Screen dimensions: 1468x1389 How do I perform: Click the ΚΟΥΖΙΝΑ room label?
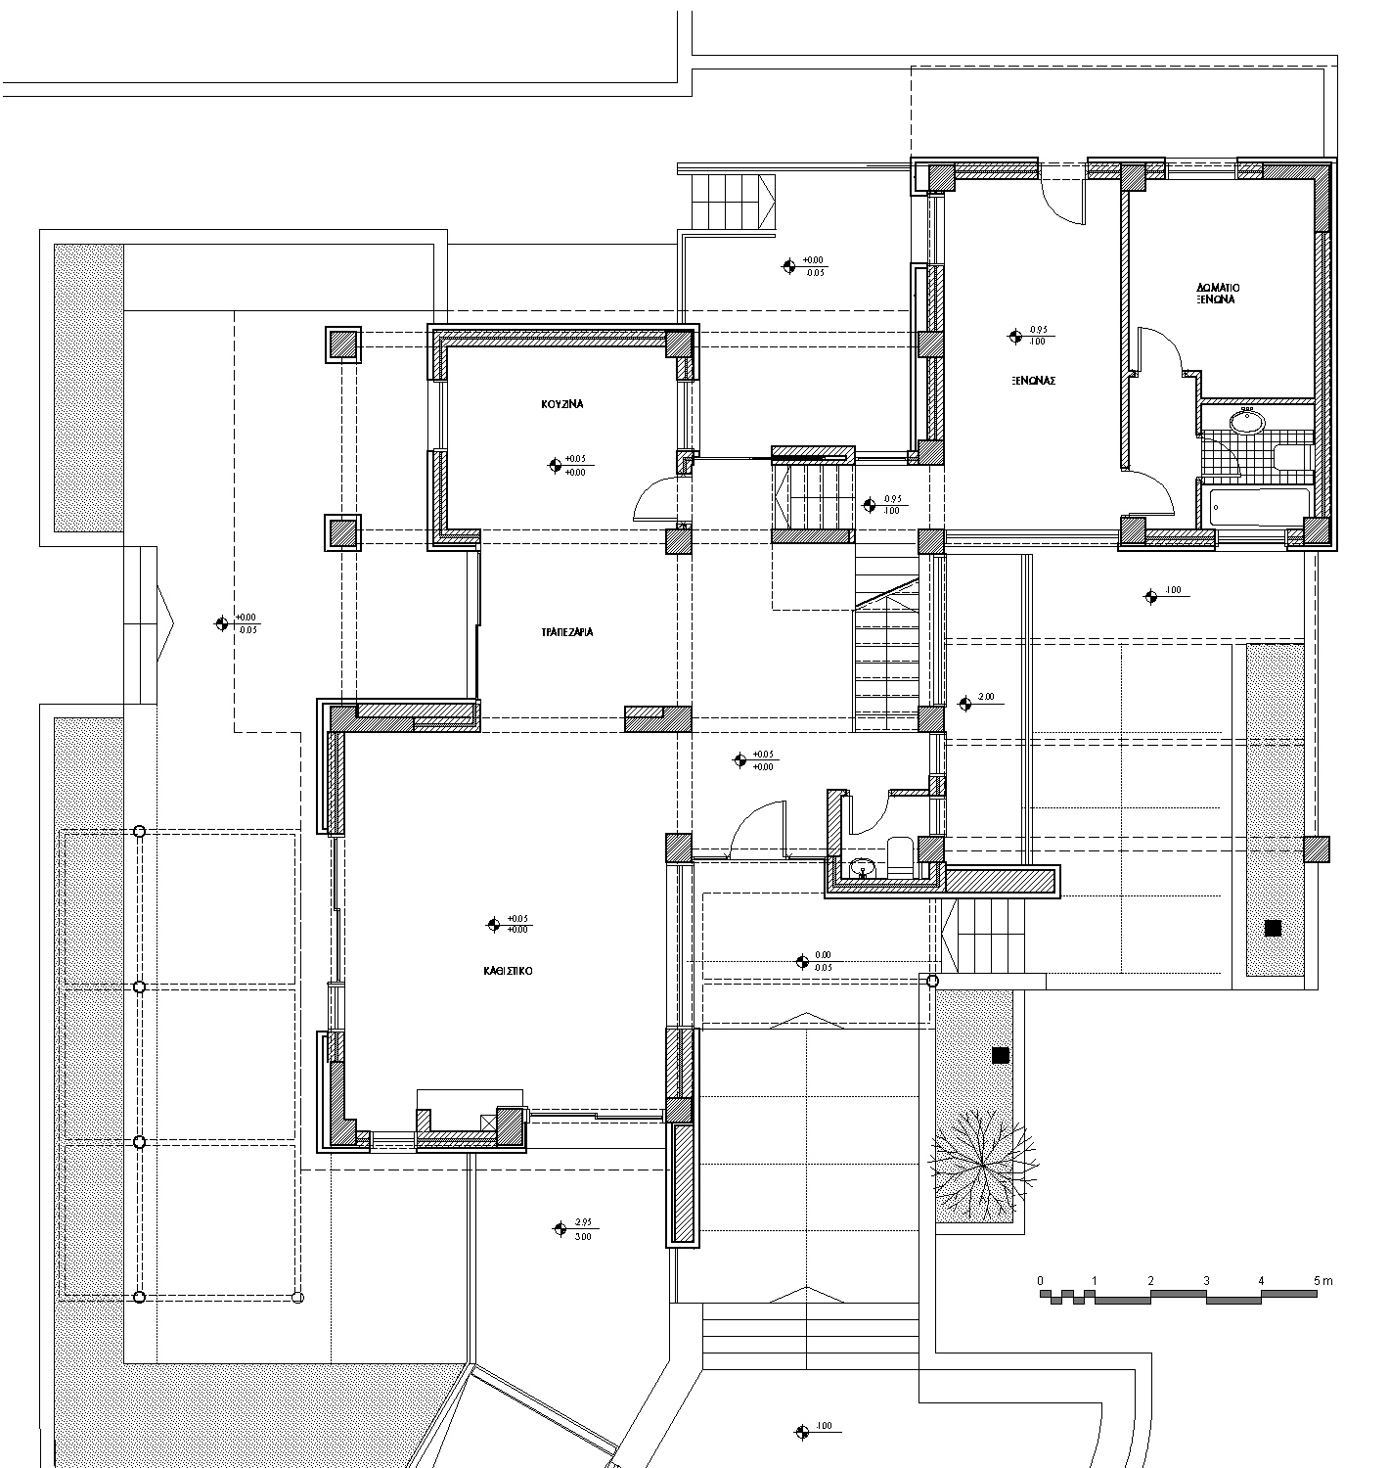(x=562, y=403)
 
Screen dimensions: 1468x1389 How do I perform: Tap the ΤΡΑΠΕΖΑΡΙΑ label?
(x=567, y=632)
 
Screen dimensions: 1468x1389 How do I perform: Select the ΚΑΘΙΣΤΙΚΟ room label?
(x=507, y=972)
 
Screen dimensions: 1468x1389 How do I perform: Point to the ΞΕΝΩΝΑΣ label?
(x=1033, y=381)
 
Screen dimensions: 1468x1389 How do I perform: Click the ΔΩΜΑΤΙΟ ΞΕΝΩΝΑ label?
(x=1218, y=294)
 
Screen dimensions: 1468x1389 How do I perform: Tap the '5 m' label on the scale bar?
(x=1322, y=1280)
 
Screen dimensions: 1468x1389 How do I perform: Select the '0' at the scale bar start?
(x=1041, y=1280)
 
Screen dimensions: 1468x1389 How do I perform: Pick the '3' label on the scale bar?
(x=1207, y=1280)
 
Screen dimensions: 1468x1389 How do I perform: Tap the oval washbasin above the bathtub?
(x=1247, y=422)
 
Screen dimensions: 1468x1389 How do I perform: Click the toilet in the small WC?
(x=900, y=854)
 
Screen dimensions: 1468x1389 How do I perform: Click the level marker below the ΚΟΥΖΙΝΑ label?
(x=568, y=465)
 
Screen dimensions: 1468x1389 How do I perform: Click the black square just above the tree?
(x=1001, y=1055)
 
